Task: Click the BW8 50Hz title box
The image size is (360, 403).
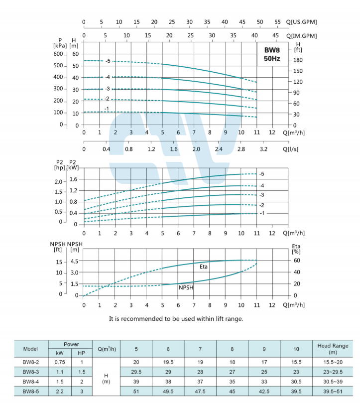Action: tap(272, 54)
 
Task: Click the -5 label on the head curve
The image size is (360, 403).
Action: tap(108, 61)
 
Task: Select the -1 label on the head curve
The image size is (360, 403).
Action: tap(107, 109)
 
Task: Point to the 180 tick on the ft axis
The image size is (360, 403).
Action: tap(298, 60)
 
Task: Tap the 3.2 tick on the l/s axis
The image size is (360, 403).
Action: tap(263, 149)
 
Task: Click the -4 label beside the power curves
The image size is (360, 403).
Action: tap(261, 185)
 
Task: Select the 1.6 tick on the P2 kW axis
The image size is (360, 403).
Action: tap(74, 179)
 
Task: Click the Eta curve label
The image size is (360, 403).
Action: tap(204, 267)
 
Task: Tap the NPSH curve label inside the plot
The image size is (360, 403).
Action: tap(186, 287)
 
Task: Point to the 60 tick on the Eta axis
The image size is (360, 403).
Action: tap(297, 261)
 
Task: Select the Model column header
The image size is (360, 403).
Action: tap(30, 348)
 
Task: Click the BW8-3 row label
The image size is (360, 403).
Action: tap(30, 372)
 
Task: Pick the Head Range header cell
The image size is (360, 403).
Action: tap(333, 349)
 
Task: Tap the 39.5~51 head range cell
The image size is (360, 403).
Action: tap(333, 392)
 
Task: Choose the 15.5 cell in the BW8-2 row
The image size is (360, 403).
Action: tap(296, 362)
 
